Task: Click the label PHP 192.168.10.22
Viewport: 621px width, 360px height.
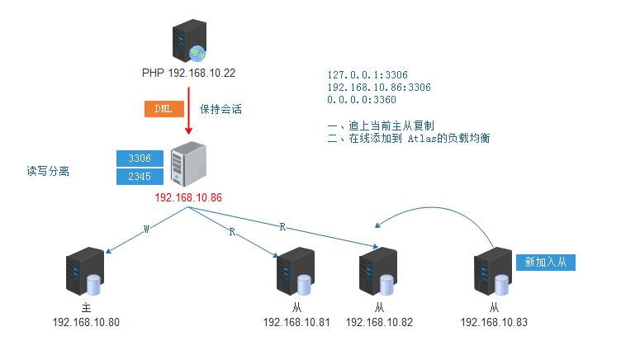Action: point(188,73)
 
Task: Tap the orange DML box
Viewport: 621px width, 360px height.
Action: point(164,109)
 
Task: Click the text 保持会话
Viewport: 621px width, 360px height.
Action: point(220,109)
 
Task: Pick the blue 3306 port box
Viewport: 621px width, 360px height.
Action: point(140,157)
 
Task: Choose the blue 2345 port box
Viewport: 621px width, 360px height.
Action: point(140,176)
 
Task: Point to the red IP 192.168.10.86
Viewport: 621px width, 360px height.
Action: point(188,198)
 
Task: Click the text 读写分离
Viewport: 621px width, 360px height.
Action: point(48,171)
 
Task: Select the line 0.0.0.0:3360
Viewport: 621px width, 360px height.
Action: point(362,99)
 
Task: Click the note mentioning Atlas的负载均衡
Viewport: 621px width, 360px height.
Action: point(409,138)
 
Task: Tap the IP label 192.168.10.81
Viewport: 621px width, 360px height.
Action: point(296,322)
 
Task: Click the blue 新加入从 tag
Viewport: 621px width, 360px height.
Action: point(545,263)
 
